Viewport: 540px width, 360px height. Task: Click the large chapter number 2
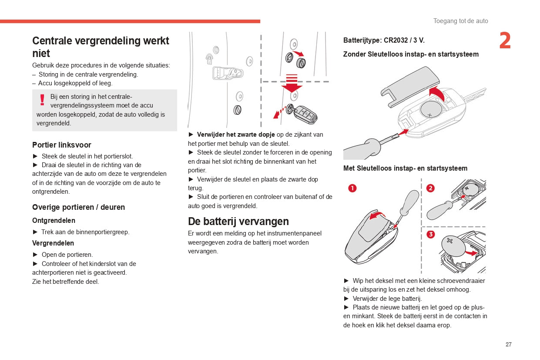point(505,41)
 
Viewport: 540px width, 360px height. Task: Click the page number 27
point(508,344)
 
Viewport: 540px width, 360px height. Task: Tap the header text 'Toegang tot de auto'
point(460,21)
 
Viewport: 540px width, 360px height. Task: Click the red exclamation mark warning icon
point(42,100)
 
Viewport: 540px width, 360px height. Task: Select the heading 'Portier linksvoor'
point(61,145)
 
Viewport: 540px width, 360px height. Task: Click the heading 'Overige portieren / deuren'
point(78,207)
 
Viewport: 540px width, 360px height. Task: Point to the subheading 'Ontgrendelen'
point(54,221)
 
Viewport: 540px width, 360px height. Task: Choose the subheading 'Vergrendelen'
point(53,243)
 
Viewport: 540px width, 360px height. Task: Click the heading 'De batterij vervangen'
point(238,221)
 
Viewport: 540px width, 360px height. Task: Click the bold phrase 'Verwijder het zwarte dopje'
point(236,135)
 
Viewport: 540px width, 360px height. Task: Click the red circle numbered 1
point(352,188)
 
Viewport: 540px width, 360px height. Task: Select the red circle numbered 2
point(430,188)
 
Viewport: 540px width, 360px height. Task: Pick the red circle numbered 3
point(430,235)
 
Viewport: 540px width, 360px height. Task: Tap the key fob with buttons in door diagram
point(305,114)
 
